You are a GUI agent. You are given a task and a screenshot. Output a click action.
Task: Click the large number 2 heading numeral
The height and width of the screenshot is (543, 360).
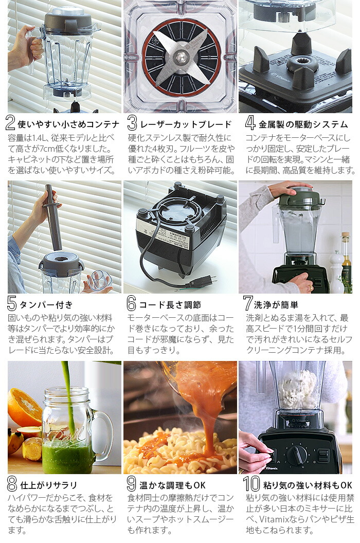[x=11, y=123]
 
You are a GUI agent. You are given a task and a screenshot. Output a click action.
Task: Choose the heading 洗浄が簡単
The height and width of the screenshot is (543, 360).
[x=280, y=304]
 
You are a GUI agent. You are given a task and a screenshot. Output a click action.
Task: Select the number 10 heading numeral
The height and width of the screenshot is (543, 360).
[x=251, y=484]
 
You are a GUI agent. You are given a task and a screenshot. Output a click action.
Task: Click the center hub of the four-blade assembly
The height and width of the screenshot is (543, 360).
[x=181, y=57]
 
